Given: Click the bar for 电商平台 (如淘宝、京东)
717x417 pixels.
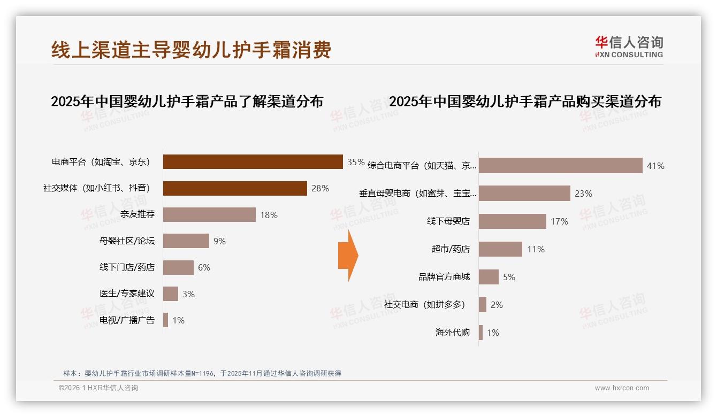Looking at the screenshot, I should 253,161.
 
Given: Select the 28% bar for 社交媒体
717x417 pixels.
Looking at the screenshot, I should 235,188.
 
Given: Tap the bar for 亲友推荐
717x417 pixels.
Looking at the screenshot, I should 209,215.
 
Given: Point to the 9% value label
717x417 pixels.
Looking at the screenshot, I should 219,241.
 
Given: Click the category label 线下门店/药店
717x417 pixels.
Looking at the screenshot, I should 127,267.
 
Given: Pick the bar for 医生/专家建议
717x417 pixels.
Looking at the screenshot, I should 171,294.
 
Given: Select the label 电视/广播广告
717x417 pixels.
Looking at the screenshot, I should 127,320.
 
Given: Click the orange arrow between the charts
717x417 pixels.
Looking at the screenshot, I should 348,256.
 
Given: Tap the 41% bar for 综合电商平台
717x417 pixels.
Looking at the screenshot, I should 560,166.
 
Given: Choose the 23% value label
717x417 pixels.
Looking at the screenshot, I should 583,194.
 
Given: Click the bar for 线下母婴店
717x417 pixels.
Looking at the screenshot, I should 512,221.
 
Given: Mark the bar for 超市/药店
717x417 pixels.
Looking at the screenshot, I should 500,249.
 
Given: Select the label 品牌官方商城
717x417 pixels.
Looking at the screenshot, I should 444,277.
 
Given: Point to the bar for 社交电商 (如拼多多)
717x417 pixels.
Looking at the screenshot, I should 483,305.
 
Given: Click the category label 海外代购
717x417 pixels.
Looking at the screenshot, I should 453,333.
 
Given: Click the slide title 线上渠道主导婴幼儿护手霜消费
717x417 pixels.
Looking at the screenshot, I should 191,50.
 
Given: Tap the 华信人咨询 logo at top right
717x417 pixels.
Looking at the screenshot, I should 629,47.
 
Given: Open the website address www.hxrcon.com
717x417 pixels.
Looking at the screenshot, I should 622,388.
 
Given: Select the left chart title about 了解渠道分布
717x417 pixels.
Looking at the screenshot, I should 187,102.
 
